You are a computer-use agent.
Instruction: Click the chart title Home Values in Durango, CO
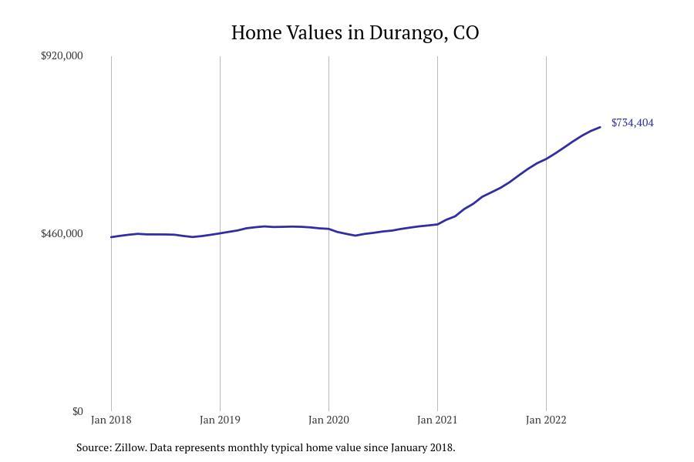[x=355, y=33]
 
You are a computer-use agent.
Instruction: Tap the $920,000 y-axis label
[x=62, y=55]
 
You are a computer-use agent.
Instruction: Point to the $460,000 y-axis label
[x=62, y=233]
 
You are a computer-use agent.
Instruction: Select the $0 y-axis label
[x=77, y=411]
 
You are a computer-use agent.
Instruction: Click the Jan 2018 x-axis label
[x=111, y=420]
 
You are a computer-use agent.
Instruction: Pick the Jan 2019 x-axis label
[x=220, y=420]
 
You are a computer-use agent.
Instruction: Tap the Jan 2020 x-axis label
[x=328, y=420]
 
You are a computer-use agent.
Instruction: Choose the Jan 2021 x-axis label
[x=437, y=420]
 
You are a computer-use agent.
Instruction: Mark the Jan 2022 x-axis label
[x=546, y=420]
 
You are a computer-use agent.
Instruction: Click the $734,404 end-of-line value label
[x=632, y=122]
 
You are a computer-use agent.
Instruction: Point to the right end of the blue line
[x=600, y=127]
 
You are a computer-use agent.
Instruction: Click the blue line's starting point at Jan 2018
[x=111, y=237]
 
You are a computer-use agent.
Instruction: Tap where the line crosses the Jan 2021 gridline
[x=437, y=225]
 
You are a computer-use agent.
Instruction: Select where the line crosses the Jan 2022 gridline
[x=546, y=159]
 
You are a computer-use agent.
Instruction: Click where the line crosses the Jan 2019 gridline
[x=220, y=233]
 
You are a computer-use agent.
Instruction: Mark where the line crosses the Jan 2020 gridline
[x=328, y=229]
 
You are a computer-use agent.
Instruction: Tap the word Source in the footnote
[x=93, y=447]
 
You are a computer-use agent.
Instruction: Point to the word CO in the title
[x=466, y=33]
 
